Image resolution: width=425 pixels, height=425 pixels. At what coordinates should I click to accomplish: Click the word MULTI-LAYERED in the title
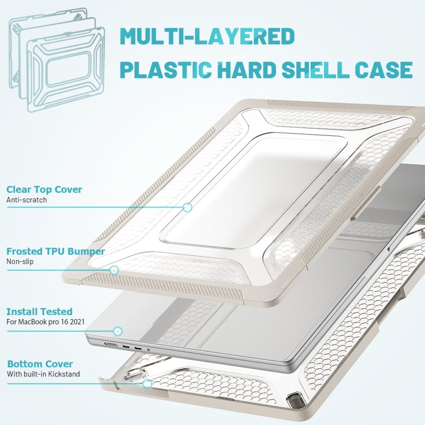[x=207, y=36]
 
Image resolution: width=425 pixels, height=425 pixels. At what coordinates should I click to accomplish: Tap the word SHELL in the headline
[x=316, y=70]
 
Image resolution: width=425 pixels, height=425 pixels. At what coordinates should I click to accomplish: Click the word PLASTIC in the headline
[x=165, y=70]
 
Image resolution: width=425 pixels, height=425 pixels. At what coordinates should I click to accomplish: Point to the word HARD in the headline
[x=246, y=70]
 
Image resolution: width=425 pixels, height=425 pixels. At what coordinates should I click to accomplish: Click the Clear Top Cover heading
[x=44, y=189]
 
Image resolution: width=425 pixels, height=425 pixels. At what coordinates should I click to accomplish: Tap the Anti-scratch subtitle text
[x=27, y=200]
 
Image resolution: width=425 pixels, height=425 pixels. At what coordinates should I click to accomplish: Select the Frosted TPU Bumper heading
[x=56, y=251]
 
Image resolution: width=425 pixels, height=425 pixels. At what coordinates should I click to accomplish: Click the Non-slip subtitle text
[x=20, y=262]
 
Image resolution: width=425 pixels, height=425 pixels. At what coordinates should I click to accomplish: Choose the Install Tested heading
[x=39, y=312]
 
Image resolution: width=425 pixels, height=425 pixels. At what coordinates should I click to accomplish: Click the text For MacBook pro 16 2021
[x=45, y=322]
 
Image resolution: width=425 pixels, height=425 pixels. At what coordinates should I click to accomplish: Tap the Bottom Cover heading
[x=40, y=364]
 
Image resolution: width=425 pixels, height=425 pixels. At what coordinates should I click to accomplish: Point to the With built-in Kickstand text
[x=44, y=374]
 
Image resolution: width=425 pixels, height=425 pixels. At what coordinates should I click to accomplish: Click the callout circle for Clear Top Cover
[x=188, y=207]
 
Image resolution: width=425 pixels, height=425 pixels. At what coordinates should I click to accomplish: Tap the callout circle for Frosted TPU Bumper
[x=114, y=270]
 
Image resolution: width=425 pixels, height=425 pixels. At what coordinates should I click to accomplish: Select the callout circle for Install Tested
[x=118, y=331]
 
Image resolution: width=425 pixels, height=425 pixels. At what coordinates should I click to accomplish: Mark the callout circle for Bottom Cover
[x=147, y=384]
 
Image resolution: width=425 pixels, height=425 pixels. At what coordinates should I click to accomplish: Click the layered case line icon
[x=57, y=59]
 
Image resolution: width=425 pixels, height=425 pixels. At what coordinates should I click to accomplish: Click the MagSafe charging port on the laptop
[x=111, y=344]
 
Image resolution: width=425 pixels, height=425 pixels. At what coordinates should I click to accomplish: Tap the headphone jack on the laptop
[x=148, y=350]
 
